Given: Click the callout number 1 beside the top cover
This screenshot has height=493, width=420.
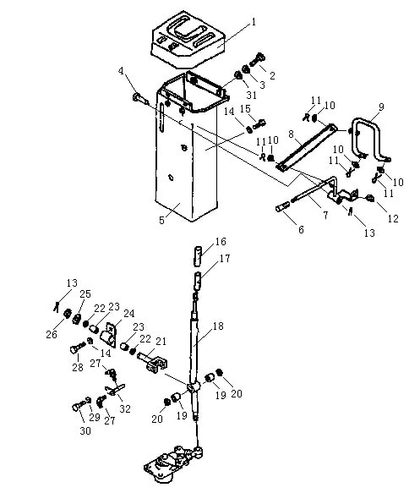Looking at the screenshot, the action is click(x=254, y=22).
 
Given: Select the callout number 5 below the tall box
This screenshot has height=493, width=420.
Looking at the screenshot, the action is click(x=161, y=220).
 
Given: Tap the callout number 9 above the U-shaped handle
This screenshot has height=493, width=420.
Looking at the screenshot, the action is click(x=381, y=107).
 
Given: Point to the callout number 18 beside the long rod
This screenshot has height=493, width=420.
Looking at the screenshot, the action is click(x=218, y=326).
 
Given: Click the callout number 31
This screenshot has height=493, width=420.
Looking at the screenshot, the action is click(x=251, y=95).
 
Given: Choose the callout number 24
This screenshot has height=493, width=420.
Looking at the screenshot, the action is click(x=128, y=314).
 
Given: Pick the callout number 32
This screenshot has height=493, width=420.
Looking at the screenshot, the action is click(x=125, y=408).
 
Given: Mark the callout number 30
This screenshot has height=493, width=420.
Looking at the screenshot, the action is click(x=85, y=430).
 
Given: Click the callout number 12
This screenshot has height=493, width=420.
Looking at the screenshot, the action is click(x=393, y=218).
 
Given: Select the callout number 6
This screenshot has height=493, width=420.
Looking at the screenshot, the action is click(x=301, y=229).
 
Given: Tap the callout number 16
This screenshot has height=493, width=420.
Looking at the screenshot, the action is click(x=221, y=242).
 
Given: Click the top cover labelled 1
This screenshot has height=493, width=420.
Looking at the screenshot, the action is click(x=188, y=39).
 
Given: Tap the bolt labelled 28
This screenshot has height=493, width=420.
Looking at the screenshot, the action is click(x=77, y=348).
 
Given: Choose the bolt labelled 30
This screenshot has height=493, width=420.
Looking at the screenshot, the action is click(x=80, y=404).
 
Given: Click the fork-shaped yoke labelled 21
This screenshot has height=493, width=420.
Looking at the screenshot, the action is click(x=153, y=363).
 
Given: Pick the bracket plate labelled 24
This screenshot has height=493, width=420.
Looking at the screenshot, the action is click(x=109, y=335).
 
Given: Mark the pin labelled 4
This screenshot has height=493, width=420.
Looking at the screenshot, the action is click(x=140, y=98).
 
